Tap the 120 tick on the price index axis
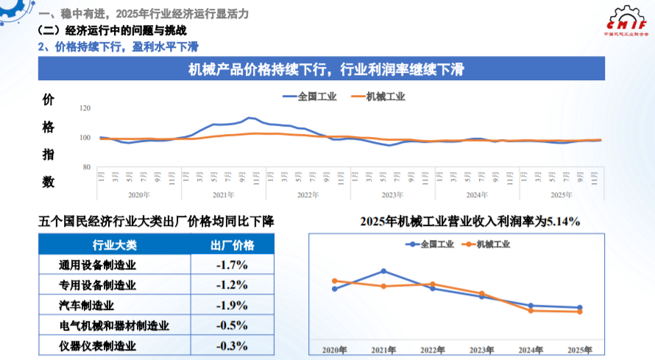(x=85, y=108)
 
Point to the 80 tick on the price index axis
(x=85, y=167)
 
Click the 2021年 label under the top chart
(x=223, y=195)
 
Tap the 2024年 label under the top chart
(x=477, y=195)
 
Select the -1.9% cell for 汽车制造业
(x=232, y=305)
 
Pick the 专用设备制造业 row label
(x=97, y=285)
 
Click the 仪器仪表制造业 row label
(x=97, y=345)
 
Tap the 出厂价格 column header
(x=232, y=245)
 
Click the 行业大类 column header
(x=114, y=245)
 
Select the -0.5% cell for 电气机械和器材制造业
(x=232, y=325)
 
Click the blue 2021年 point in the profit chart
(x=383, y=271)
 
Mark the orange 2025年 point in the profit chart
(x=580, y=312)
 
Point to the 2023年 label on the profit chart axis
(x=481, y=350)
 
